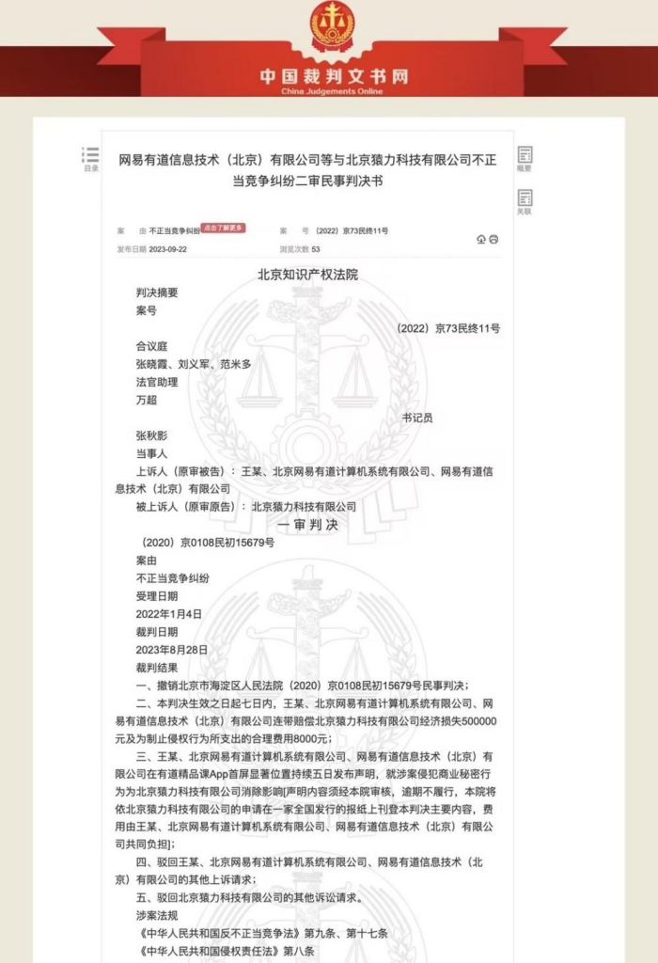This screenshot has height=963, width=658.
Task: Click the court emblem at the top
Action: [328, 26]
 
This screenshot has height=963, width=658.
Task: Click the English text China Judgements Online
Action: [328, 90]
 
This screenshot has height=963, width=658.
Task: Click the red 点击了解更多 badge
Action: [224, 228]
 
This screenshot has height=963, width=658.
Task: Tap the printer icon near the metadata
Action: [493, 240]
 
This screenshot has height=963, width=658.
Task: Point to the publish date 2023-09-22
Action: [168, 250]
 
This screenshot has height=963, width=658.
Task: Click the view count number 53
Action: [316, 250]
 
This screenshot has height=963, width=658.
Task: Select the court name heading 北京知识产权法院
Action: [307, 275]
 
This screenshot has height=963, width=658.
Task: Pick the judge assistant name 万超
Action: [148, 400]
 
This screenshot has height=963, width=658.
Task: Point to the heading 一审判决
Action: [307, 525]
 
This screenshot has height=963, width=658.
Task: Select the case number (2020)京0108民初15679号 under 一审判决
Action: [208, 543]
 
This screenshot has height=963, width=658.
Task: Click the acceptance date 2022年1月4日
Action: [169, 614]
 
